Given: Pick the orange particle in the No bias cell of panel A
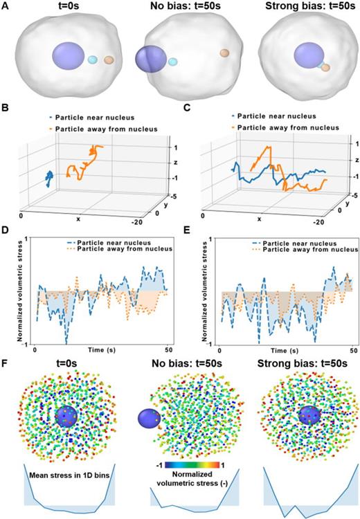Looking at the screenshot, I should (x=224, y=53).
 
